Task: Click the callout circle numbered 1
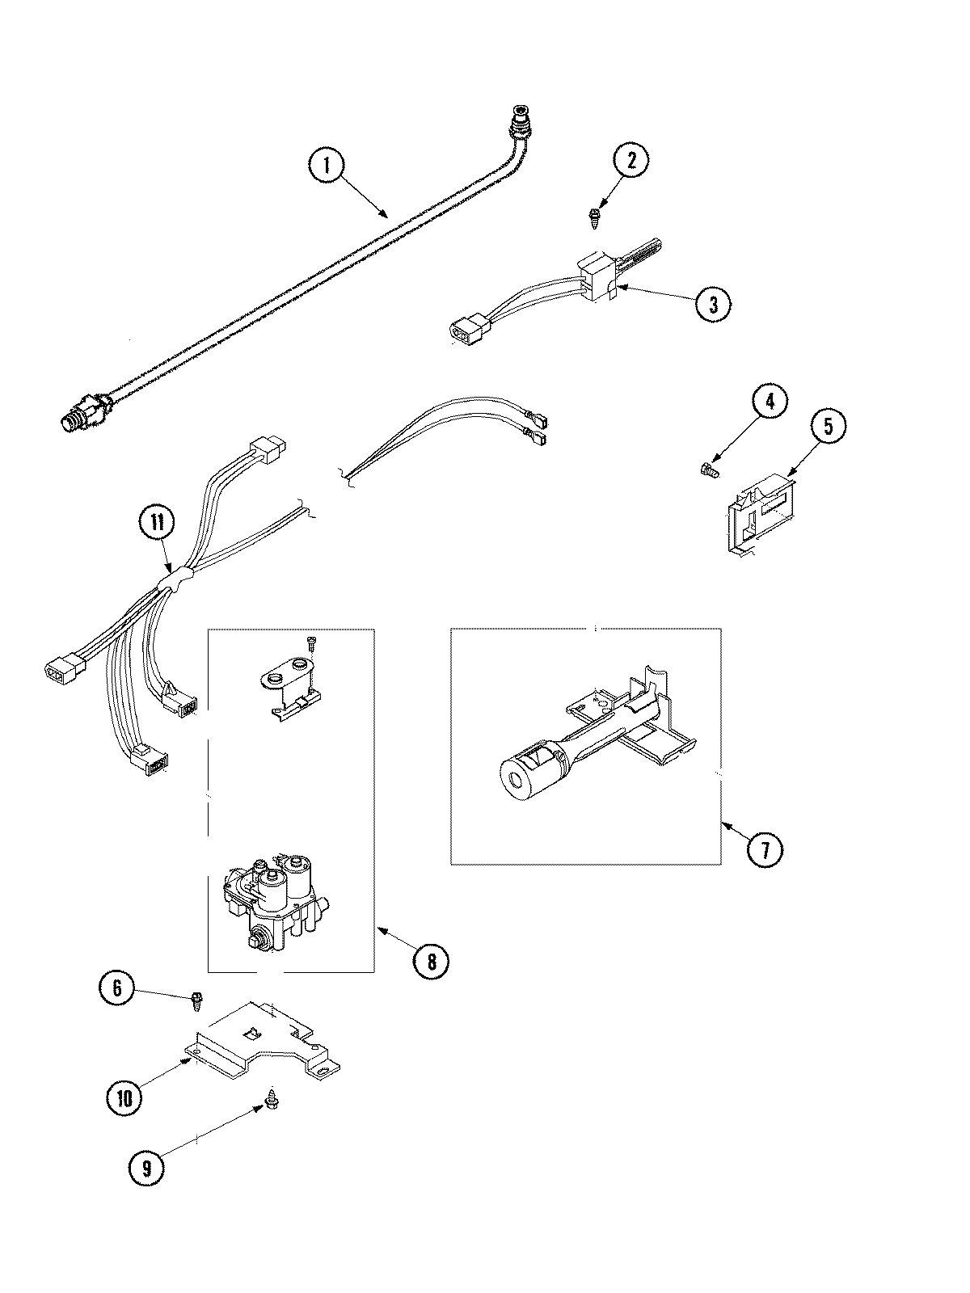[326, 167]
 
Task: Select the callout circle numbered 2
[630, 160]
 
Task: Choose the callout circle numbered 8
[431, 961]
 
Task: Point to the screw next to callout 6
[196, 1000]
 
